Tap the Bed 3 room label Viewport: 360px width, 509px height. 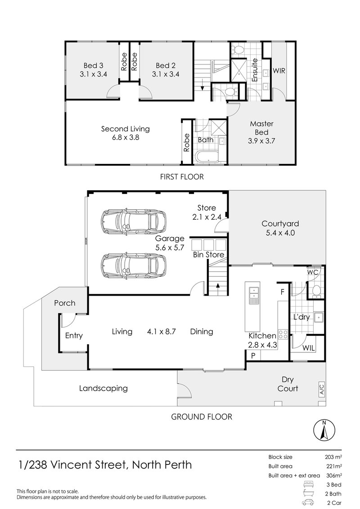(92, 69)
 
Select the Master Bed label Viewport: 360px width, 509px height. (261, 132)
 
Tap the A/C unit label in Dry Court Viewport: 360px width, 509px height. (321, 390)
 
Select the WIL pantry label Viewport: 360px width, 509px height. (309, 348)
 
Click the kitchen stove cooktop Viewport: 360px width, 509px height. (283, 333)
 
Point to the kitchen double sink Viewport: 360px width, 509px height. (253, 293)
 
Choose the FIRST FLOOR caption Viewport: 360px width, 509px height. (182, 177)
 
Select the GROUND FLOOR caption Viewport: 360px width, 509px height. (202, 417)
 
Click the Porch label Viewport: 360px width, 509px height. (64, 303)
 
